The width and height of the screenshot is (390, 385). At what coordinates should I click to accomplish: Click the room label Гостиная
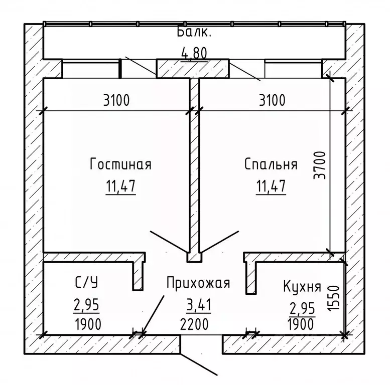click(120, 164)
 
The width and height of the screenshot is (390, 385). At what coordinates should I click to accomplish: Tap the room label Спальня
click(271, 164)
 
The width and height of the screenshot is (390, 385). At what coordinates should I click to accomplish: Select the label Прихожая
click(198, 283)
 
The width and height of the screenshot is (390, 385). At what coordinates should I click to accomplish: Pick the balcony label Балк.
click(195, 34)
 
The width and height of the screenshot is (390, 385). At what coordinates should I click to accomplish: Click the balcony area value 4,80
click(194, 52)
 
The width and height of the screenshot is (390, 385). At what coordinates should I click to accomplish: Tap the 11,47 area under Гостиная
click(120, 186)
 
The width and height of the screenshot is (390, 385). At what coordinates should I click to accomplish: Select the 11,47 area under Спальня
click(271, 186)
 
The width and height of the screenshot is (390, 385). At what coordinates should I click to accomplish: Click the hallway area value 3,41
click(198, 305)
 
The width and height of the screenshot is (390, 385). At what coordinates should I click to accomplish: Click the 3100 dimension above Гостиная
click(116, 100)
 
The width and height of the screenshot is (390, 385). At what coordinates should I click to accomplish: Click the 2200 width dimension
click(194, 324)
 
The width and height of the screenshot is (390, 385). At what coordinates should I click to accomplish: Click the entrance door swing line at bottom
click(199, 363)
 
